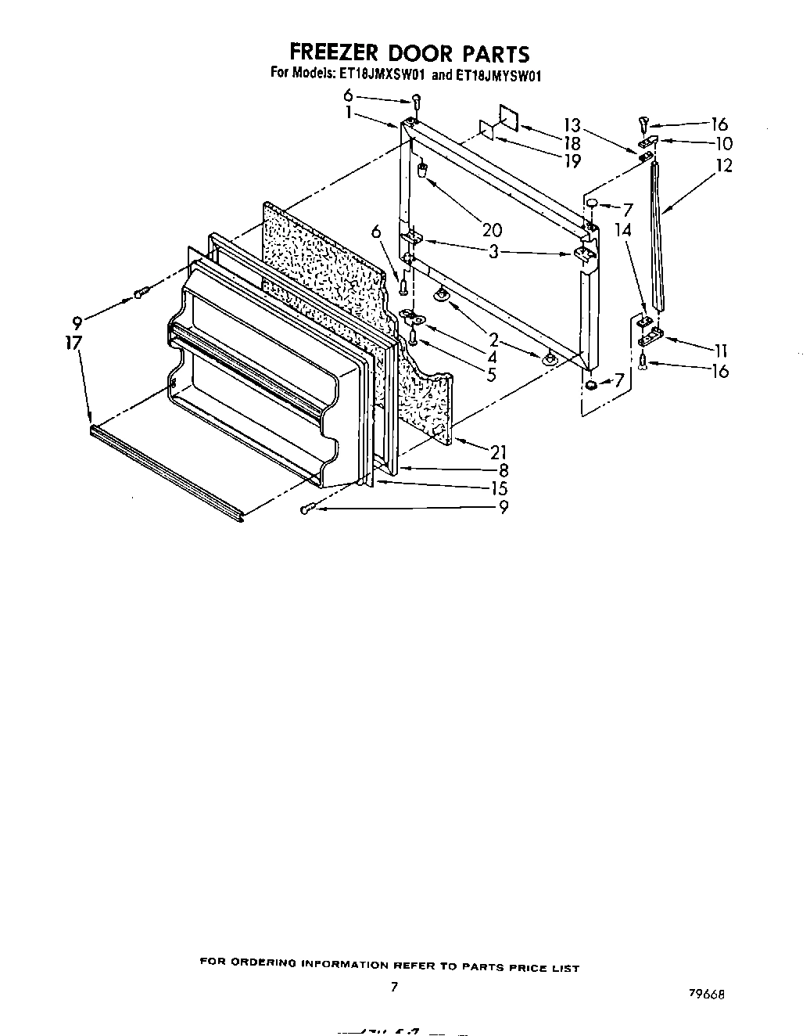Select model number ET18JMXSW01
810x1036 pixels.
[382, 76]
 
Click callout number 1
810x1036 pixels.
[347, 112]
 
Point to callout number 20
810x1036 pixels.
[492, 230]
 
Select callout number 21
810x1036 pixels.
[497, 451]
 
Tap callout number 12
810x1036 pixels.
[724, 166]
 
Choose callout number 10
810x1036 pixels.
[723, 143]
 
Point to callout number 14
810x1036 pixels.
[622, 231]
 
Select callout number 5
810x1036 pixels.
[491, 374]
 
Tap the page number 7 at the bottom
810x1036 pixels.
[395, 987]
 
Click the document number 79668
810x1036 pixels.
[706, 993]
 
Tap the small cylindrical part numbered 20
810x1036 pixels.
[423, 171]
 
